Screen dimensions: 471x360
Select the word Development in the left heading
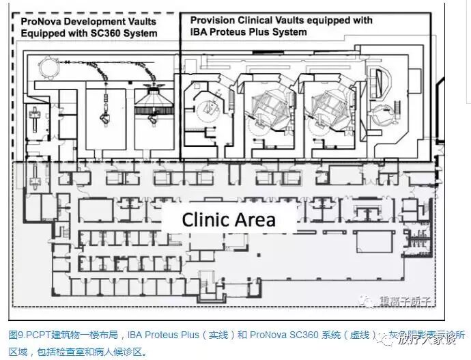(95, 21)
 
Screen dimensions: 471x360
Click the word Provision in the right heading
(213, 20)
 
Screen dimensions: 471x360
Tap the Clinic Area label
(228, 220)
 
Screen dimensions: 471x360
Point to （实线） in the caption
(212, 335)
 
